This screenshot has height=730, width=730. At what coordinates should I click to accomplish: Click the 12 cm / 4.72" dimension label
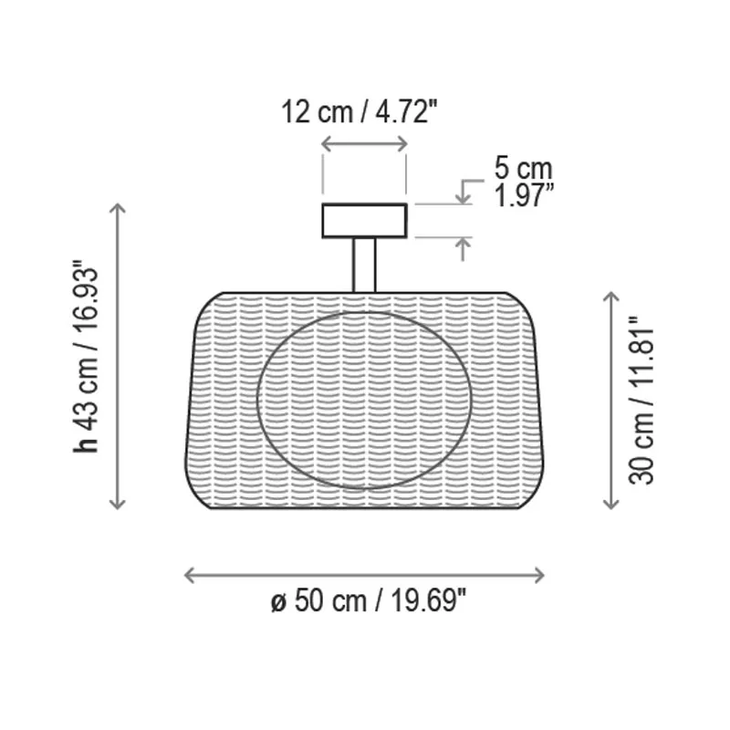(360, 112)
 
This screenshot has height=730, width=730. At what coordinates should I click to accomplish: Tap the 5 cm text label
(523, 168)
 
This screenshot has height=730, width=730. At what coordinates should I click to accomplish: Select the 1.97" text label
(524, 195)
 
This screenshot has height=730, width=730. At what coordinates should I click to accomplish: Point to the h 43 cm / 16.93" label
(86, 356)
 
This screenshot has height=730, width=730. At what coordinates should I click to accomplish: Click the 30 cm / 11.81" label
(641, 401)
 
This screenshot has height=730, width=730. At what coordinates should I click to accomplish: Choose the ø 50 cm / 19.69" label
(369, 600)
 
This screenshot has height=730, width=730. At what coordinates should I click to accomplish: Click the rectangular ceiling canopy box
(364, 221)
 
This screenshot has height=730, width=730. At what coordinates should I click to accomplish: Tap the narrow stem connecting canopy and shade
(364, 265)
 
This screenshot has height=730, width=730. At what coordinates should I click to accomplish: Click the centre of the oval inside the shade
(364, 401)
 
